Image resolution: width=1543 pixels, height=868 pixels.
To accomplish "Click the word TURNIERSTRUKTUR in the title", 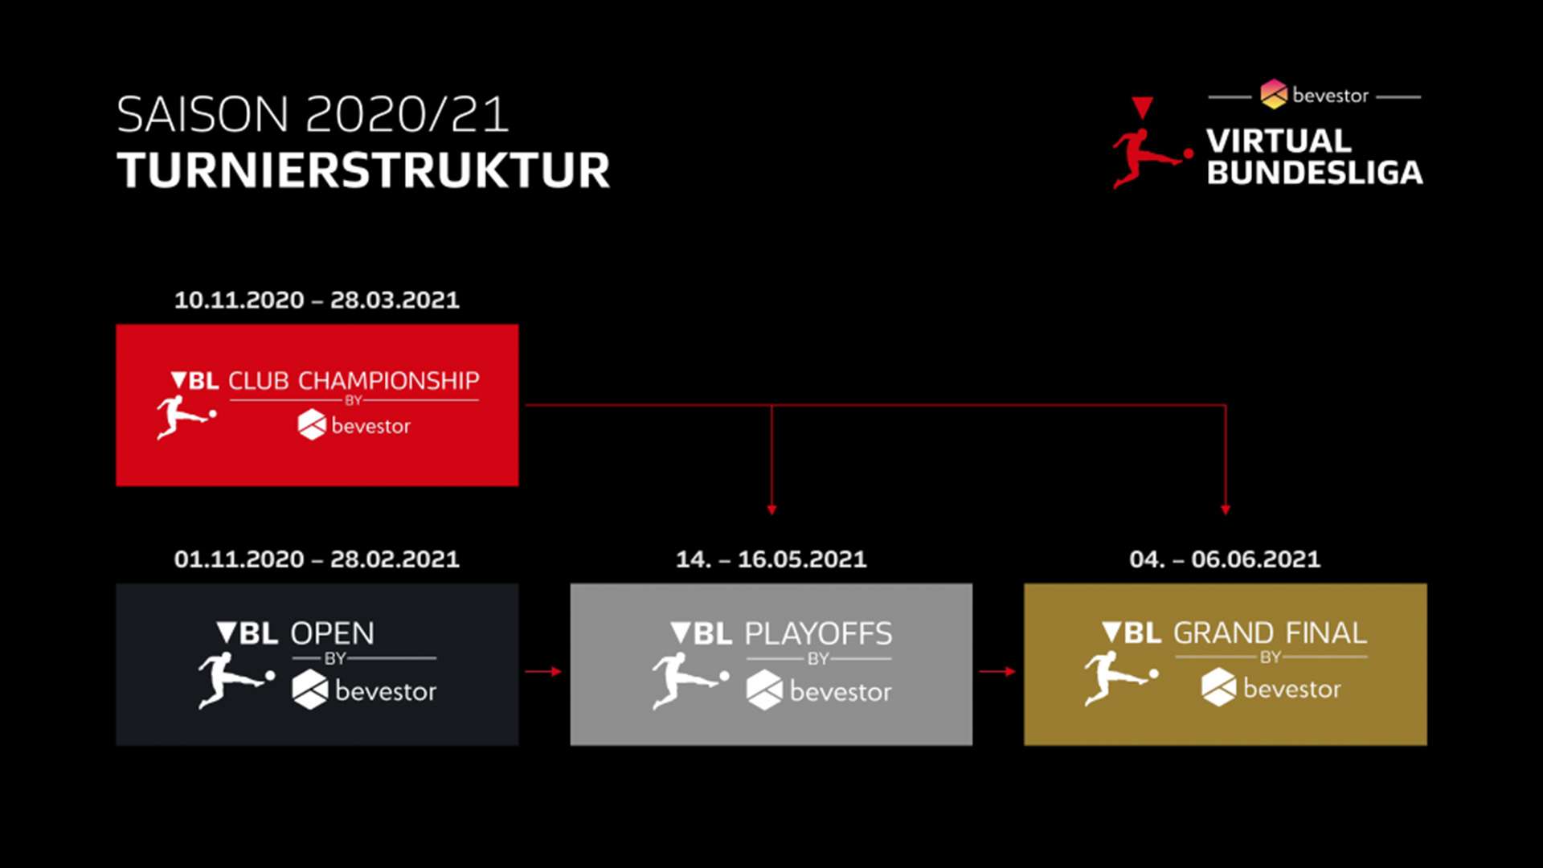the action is (x=363, y=170).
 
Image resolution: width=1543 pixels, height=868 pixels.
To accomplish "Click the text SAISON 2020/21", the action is (x=313, y=114).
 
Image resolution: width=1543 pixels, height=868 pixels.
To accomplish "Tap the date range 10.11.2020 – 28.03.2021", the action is (x=317, y=300).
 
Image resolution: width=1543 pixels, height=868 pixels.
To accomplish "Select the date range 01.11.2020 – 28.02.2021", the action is (x=317, y=559).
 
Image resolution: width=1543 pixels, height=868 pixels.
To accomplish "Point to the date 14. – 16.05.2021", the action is (x=771, y=559).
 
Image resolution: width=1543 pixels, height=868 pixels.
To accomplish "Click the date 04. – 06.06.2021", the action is (x=1225, y=559).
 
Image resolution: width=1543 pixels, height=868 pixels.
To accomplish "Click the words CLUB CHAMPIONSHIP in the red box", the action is (x=354, y=380).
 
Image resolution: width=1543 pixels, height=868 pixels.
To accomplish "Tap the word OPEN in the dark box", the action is (x=332, y=633).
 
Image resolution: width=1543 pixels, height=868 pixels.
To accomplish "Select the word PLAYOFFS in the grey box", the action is (x=818, y=633).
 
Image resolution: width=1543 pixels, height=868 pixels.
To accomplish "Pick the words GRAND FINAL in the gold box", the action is (x=1270, y=633).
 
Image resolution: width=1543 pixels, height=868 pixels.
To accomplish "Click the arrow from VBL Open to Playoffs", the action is (x=543, y=671).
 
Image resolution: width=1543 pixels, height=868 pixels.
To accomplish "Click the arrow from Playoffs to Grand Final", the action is (x=997, y=671).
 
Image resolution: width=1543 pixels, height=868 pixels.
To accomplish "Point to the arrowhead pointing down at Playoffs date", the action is (x=771, y=510).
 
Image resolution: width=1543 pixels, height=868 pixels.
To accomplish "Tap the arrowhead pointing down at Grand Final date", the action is (x=1226, y=510).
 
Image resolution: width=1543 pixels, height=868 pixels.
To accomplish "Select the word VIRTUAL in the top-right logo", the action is (x=1279, y=141).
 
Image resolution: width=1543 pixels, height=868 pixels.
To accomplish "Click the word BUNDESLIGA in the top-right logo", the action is (x=1315, y=172).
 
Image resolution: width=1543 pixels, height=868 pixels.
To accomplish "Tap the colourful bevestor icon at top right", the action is (x=1274, y=94).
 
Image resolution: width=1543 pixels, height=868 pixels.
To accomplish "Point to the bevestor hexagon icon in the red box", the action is (x=312, y=424).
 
